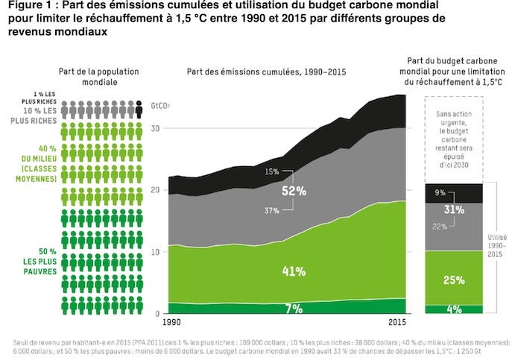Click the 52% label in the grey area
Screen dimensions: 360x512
(294, 191)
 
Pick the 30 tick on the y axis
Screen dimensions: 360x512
(156, 129)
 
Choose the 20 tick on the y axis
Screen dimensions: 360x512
(156, 191)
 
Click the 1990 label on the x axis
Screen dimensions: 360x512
(171, 323)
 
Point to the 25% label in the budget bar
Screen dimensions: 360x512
(453, 280)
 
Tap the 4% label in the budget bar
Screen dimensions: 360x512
(454, 309)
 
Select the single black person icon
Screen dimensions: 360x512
(139, 111)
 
